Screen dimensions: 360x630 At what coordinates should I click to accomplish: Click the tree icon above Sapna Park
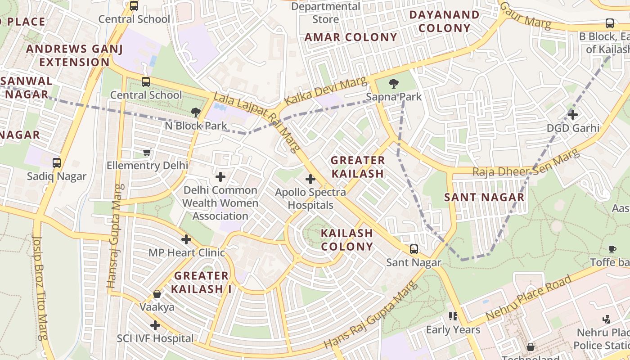393,83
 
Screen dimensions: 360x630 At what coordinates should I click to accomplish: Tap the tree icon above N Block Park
195,112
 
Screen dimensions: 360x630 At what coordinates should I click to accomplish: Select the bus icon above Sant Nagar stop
414,249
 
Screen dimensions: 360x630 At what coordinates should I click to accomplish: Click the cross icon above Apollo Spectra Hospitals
310,179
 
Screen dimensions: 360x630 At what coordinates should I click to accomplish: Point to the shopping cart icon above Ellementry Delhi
147,152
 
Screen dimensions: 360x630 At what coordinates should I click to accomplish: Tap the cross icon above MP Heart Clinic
186,239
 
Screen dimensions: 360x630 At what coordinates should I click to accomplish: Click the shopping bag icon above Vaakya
157,294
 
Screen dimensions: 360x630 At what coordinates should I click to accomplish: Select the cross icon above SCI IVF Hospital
155,325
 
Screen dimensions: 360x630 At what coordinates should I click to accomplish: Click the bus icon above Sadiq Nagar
56,162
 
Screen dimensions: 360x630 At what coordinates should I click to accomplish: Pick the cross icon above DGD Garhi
572,115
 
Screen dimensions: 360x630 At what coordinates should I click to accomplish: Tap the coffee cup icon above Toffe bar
612,249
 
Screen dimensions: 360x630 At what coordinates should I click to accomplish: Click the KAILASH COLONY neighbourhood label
347,240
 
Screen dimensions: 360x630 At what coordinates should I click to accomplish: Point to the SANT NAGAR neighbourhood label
484,197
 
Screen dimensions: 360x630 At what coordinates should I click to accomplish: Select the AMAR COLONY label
351,37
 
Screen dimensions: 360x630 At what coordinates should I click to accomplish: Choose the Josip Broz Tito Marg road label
40,288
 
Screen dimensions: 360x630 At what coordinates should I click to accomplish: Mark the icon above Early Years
453,316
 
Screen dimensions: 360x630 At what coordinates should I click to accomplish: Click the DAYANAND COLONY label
444,22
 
